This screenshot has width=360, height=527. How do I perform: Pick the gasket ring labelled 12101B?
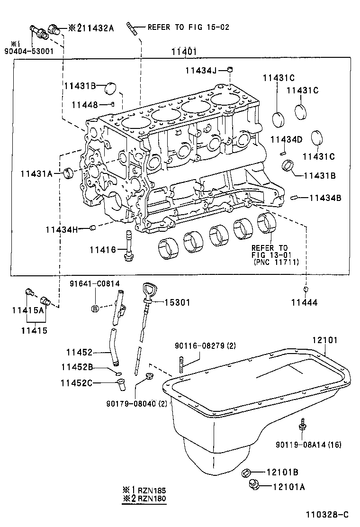coord(247,472)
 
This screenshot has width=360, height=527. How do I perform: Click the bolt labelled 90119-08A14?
coord(302,425)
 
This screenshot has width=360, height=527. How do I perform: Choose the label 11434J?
coord(201,71)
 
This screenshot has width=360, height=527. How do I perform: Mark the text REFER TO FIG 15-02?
coord(188,27)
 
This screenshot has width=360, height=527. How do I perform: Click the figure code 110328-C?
coord(326,514)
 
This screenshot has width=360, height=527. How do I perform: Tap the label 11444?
coord(304,302)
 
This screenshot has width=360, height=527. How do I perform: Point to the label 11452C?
coord(77,383)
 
